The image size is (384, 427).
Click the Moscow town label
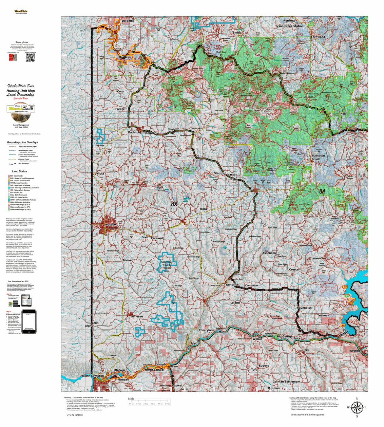(111, 225)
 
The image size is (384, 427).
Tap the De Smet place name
(128, 21)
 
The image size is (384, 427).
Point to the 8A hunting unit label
(322, 192)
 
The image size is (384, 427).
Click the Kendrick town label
(232, 285)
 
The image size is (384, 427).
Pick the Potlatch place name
(134, 132)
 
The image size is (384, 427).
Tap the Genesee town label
(137, 316)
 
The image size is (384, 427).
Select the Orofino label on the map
(355, 351)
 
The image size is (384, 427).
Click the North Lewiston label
(93, 376)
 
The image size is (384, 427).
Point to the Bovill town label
(315, 159)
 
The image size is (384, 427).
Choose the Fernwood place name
(318, 37)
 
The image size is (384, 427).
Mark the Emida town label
(237, 33)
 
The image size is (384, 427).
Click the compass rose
(357, 408)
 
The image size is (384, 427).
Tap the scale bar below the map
(149, 403)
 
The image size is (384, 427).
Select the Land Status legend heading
(19, 171)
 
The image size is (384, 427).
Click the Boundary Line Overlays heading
(22, 143)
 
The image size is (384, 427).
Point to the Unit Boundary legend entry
(23, 164)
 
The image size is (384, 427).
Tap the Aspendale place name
(269, 253)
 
